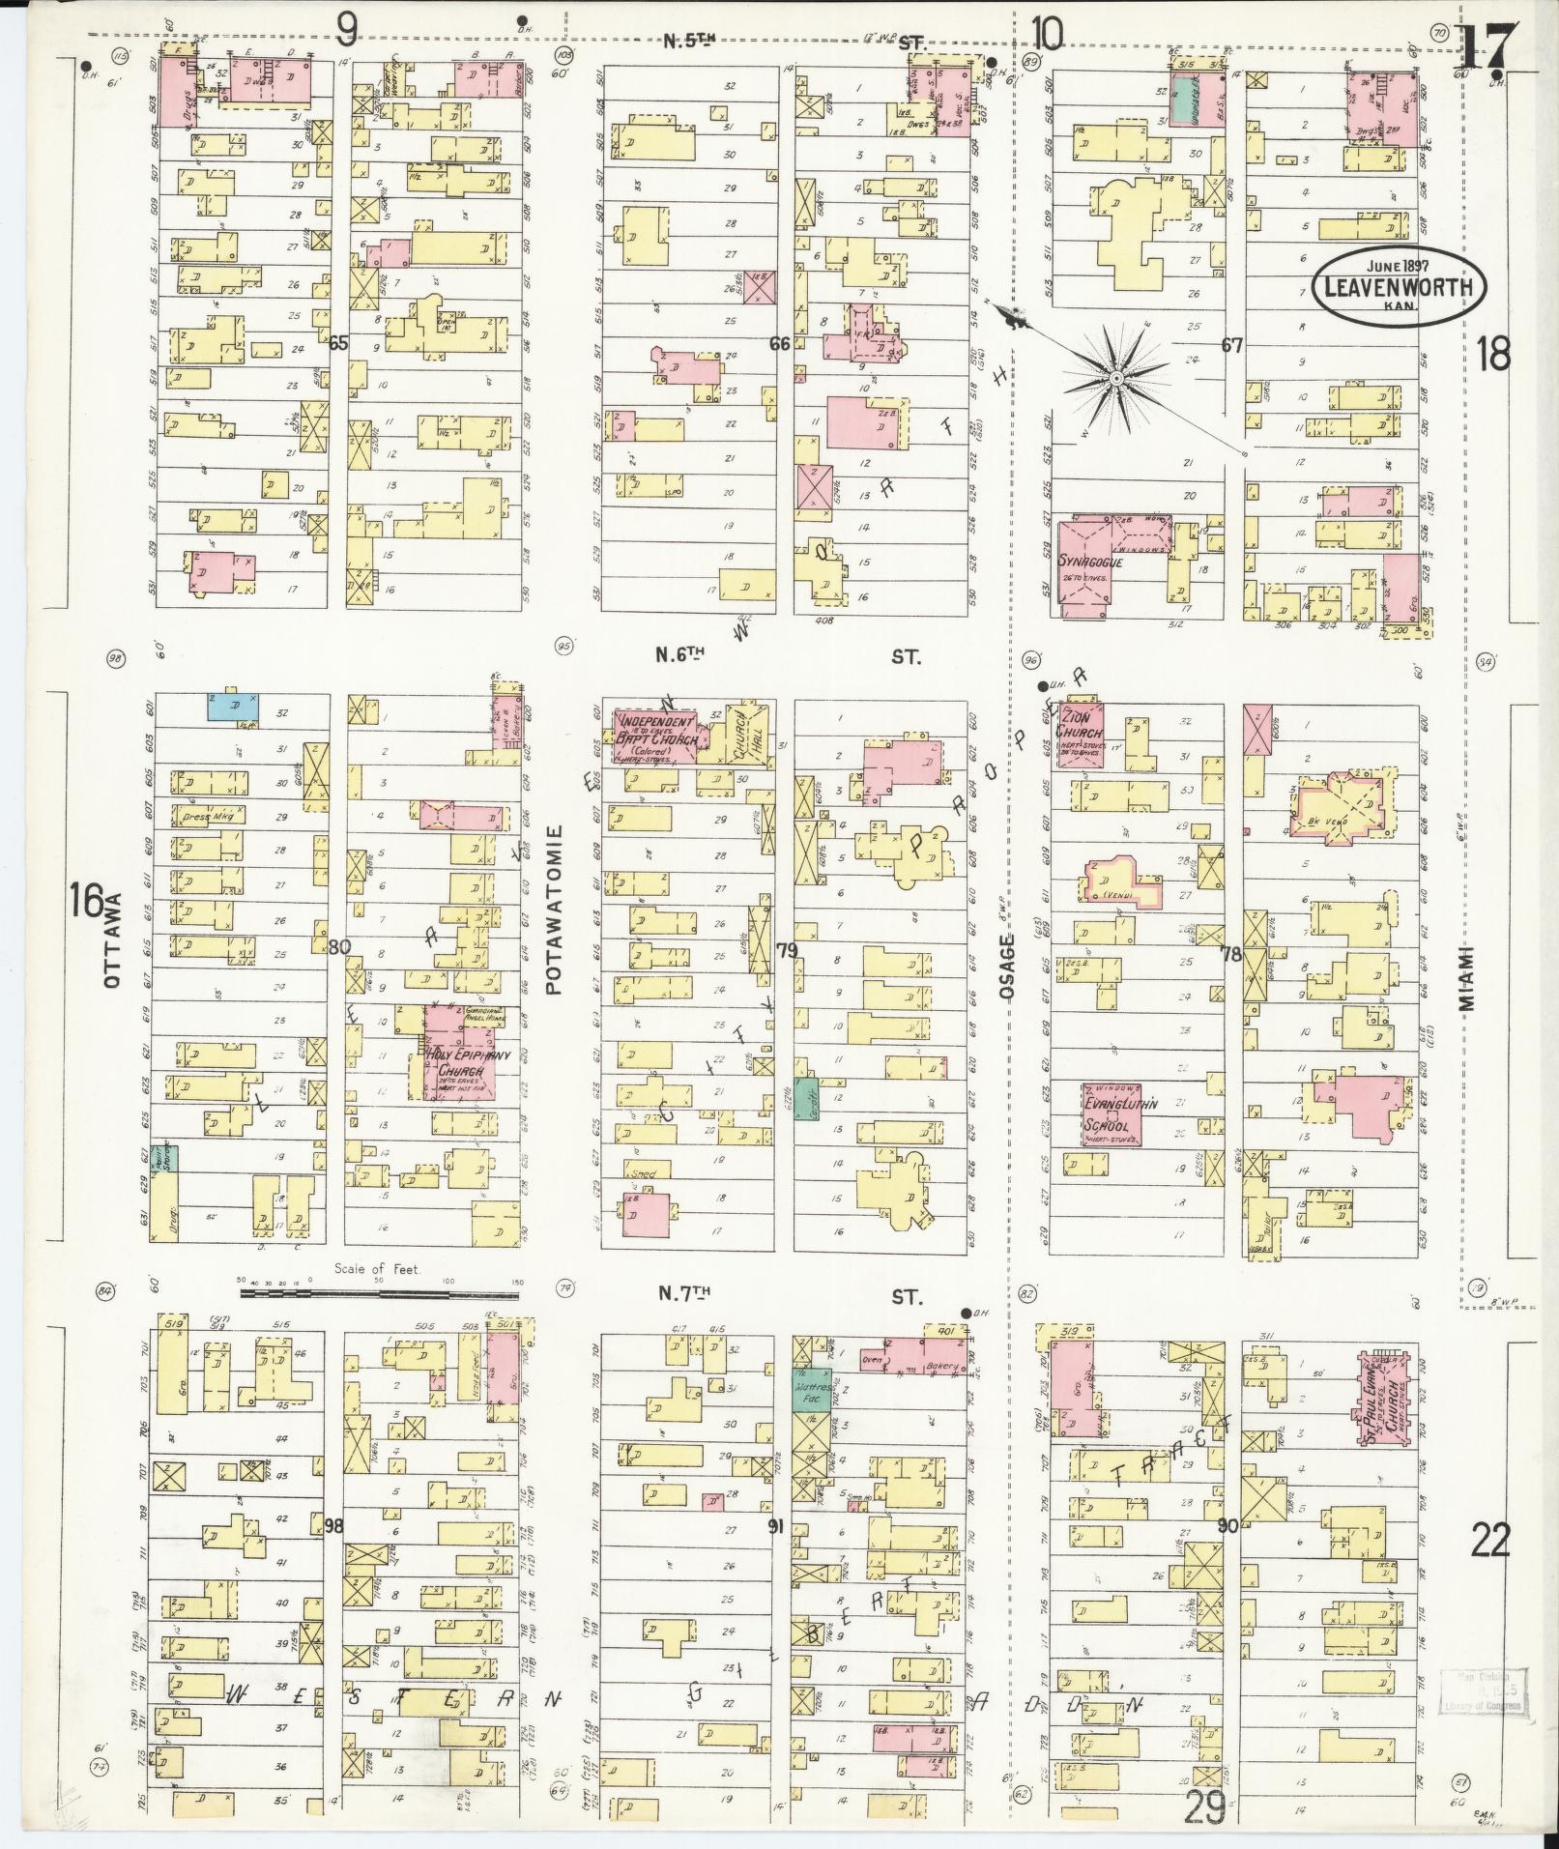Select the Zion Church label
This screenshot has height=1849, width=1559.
(1080, 726)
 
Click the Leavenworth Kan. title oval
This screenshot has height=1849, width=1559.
(1398, 285)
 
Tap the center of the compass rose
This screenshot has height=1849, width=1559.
(1116, 377)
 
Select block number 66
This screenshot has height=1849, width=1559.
(780, 343)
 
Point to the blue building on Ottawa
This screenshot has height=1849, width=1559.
(233, 706)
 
